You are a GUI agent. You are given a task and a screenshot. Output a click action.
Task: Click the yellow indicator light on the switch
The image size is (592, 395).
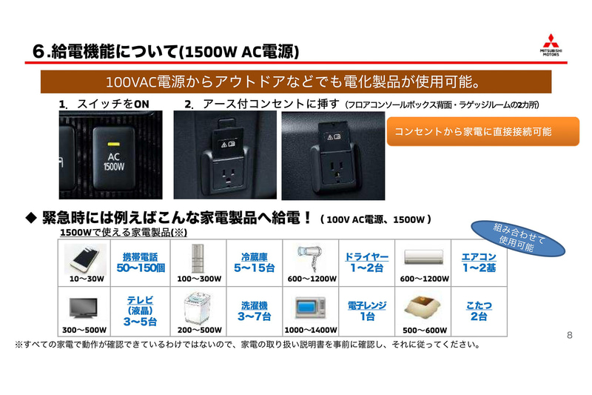(113, 143)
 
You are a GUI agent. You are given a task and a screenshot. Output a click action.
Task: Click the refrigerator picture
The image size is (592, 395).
(199, 258)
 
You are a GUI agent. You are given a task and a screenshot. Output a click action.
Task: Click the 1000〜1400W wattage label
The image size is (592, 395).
(310, 330)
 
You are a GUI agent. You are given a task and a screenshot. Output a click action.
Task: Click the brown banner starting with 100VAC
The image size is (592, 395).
(295, 81)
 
